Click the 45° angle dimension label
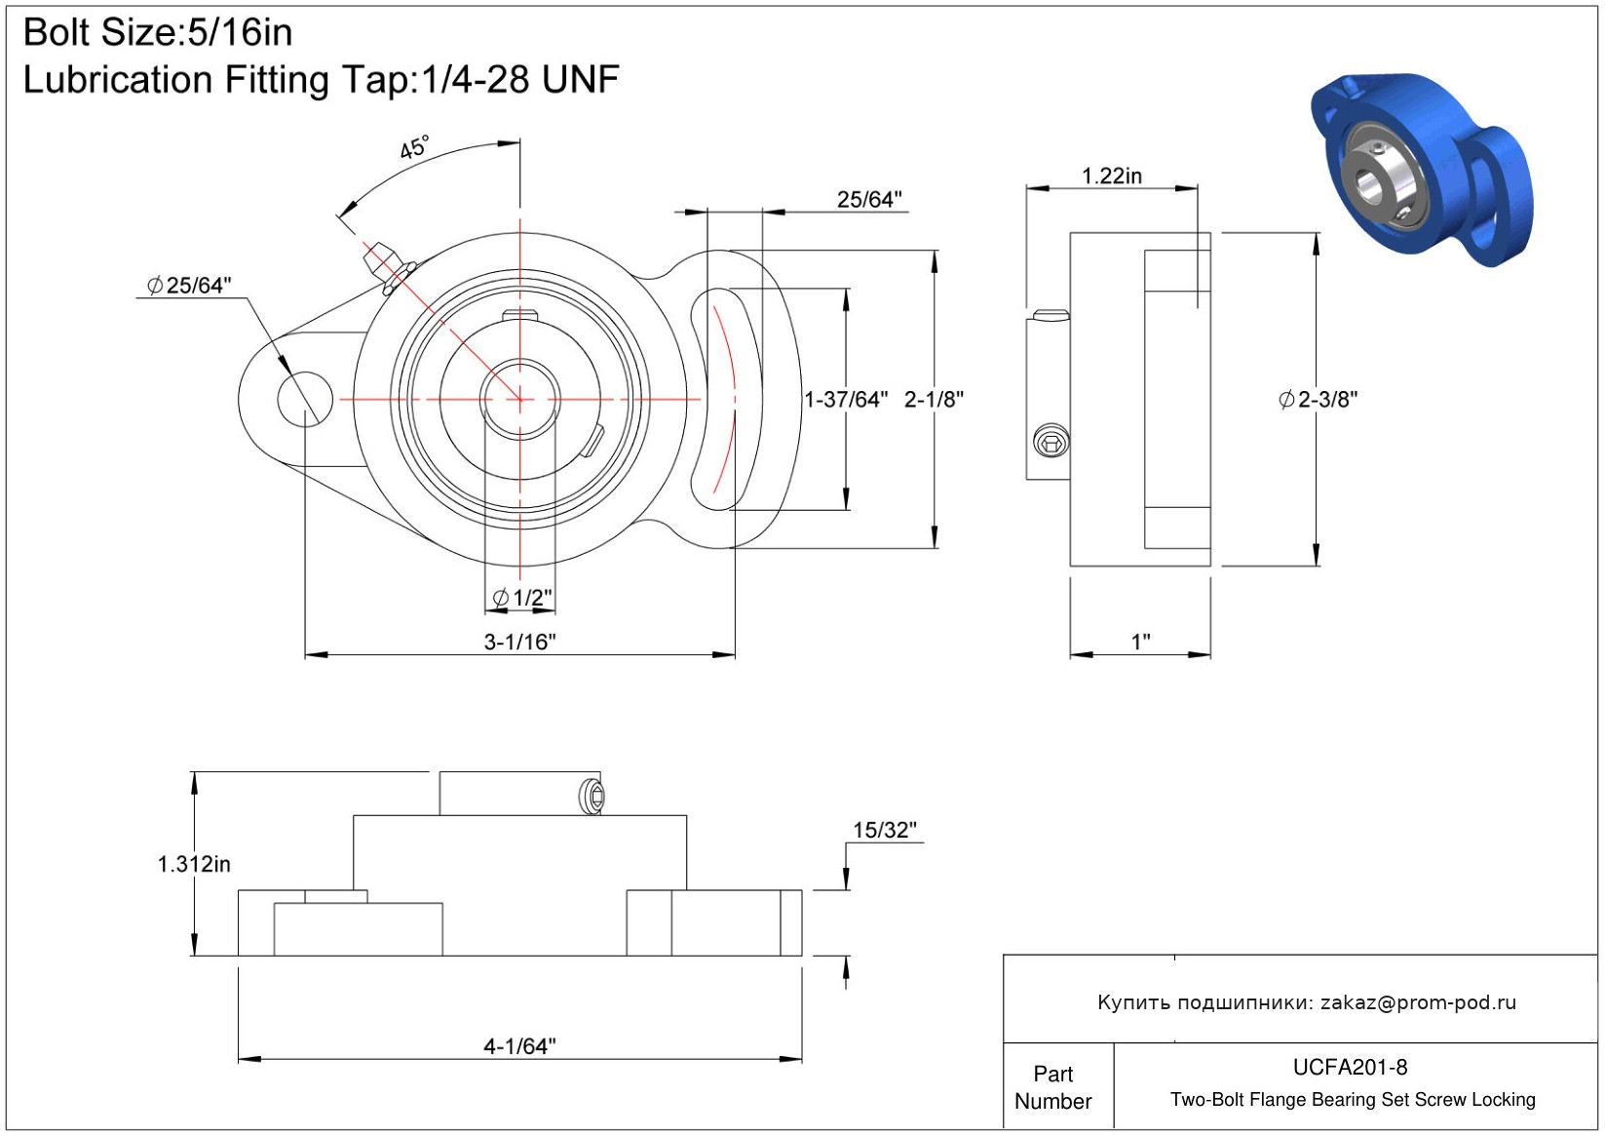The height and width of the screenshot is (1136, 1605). [x=414, y=147]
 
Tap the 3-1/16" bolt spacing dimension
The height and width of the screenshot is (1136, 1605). [x=520, y=642]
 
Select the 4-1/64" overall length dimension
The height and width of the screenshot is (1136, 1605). [x=520, y=1046]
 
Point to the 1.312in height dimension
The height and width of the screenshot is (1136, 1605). [x=194, y=864]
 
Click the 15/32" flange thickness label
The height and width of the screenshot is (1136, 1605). [x=884, y=830]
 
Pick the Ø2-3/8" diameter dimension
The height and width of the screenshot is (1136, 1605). [x=1318, y=400]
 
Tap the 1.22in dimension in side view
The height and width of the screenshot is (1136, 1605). [x=1111, y=176]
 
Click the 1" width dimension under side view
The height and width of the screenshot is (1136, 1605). [x=1141, y=642]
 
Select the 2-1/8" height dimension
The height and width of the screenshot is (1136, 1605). [x=934, y=400]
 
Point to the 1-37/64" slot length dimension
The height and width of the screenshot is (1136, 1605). [x=846, y=400]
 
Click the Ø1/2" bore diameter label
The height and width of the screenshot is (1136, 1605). [x=522, y=597]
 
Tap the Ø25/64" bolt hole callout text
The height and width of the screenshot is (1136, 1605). [x=189, y=286]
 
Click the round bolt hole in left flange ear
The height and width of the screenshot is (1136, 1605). [x=305, y=400]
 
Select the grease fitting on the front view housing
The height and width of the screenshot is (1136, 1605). [x=388, y=267]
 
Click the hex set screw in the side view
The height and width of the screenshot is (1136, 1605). [x=1051, y=441]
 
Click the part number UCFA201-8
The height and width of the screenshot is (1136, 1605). [x=1350, y=1067]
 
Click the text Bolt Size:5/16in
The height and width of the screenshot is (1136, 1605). [x=158, y=33]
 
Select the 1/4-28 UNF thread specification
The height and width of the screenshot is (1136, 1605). [x=520, y=79]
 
